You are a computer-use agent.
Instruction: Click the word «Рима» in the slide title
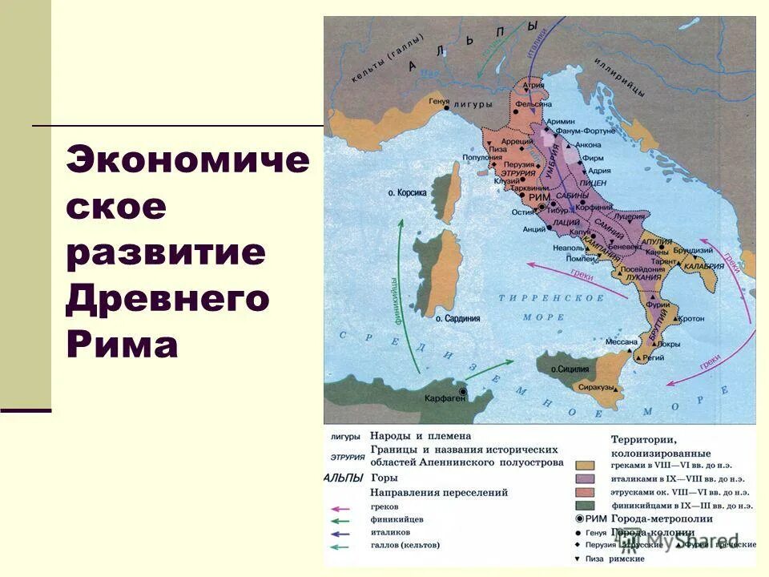tap(123, 345)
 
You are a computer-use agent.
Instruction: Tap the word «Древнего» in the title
tap(167, 299)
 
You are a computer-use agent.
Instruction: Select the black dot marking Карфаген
tap(462, 391)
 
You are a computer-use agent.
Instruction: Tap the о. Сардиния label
tap(457, 318)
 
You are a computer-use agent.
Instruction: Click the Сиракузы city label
tap(597, 387)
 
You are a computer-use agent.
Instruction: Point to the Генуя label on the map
tap(439, 102)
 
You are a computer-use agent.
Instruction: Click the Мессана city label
tap(621, 341)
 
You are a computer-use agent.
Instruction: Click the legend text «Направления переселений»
tap(439, 492)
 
